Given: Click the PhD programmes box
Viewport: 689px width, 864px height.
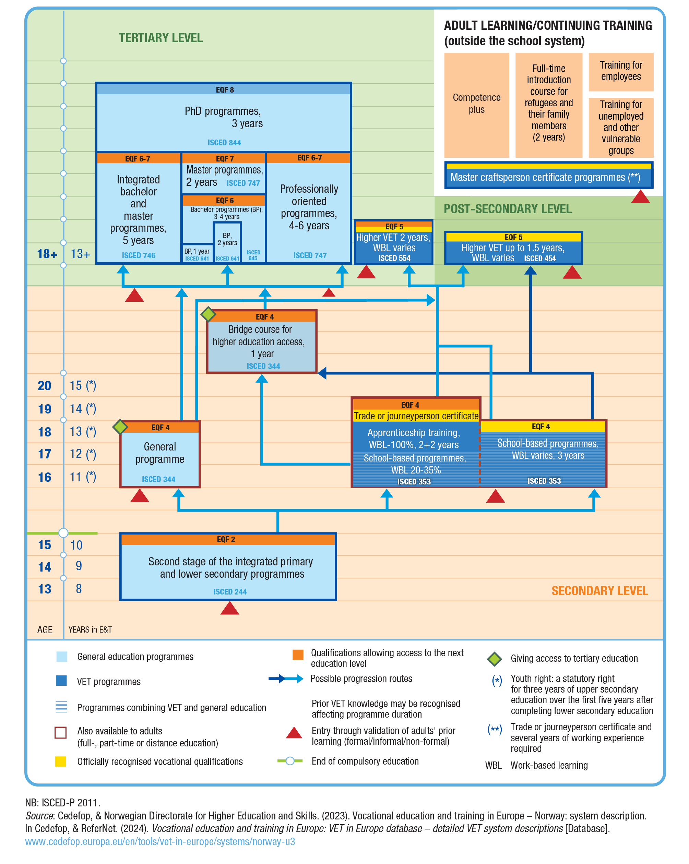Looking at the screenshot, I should pos(223,117).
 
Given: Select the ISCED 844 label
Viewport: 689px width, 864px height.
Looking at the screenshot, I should pos(224,143).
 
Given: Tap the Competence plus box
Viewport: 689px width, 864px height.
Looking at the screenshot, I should pos(476,104).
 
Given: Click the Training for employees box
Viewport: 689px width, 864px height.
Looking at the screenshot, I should pos(620,71).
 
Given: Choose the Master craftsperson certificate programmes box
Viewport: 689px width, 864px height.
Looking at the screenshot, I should pos(548,177).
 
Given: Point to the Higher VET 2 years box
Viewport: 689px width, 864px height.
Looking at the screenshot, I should pos(394,243).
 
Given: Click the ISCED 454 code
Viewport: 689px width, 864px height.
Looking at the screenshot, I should pos(539,259).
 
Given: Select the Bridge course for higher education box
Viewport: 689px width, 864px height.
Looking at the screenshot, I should pos(261,341).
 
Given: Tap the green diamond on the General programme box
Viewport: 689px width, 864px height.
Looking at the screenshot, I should pos(120,427).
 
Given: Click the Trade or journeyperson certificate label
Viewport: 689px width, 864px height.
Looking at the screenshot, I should pos(416,416).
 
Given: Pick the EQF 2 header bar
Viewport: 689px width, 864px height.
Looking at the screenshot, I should pos(227,539).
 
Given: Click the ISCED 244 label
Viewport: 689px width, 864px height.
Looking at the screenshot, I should pos(230,591).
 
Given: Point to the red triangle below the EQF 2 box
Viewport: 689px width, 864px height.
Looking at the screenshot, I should pos(230,608).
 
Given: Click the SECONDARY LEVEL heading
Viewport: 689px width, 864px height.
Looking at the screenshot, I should pos(599,591).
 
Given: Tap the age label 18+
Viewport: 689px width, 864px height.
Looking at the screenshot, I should pos(47,254).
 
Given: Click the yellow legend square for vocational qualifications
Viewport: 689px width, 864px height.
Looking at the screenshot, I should pos(60,761).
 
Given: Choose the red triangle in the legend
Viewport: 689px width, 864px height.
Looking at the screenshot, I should pos(294,733).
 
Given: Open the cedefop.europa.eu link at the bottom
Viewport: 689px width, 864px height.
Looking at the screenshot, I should pos(160,841).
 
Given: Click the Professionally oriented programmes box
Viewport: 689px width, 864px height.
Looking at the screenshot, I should pos(309,207).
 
